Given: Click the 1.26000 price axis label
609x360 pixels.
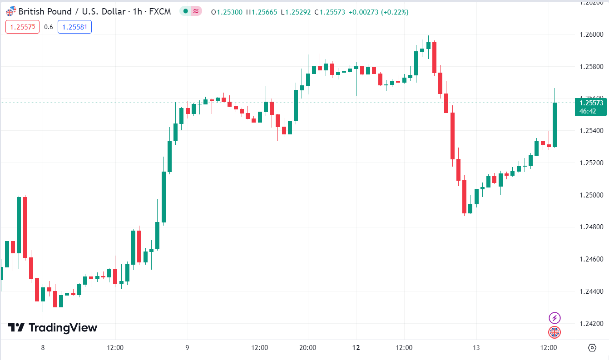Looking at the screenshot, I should click(591, 35).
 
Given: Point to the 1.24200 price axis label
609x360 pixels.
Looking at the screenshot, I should click(591, 324).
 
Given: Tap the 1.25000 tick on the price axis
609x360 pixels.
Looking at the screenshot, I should click(591, 195).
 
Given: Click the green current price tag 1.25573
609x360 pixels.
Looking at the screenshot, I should click(591, 103).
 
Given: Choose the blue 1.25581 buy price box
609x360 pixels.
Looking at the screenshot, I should click(74, 27).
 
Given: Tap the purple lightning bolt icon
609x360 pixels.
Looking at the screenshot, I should click(555, 318).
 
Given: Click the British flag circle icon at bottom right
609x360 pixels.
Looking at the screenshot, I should click(555, 332).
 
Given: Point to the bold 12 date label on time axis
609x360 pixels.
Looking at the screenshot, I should click(356, 348).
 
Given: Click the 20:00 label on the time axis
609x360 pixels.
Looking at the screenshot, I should click(308, 348).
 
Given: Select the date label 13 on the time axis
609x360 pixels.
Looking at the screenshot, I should click(476, 348).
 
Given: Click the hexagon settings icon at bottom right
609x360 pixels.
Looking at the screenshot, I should click(592, 348).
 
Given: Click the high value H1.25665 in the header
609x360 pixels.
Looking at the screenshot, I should click(262, 12).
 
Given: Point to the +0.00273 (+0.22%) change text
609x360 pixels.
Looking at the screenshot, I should click(378, 12).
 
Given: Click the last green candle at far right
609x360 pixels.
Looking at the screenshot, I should click(555, 125).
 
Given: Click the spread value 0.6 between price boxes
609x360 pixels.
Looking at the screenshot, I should click(49, 27).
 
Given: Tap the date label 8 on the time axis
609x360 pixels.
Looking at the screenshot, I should click(43, 348).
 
